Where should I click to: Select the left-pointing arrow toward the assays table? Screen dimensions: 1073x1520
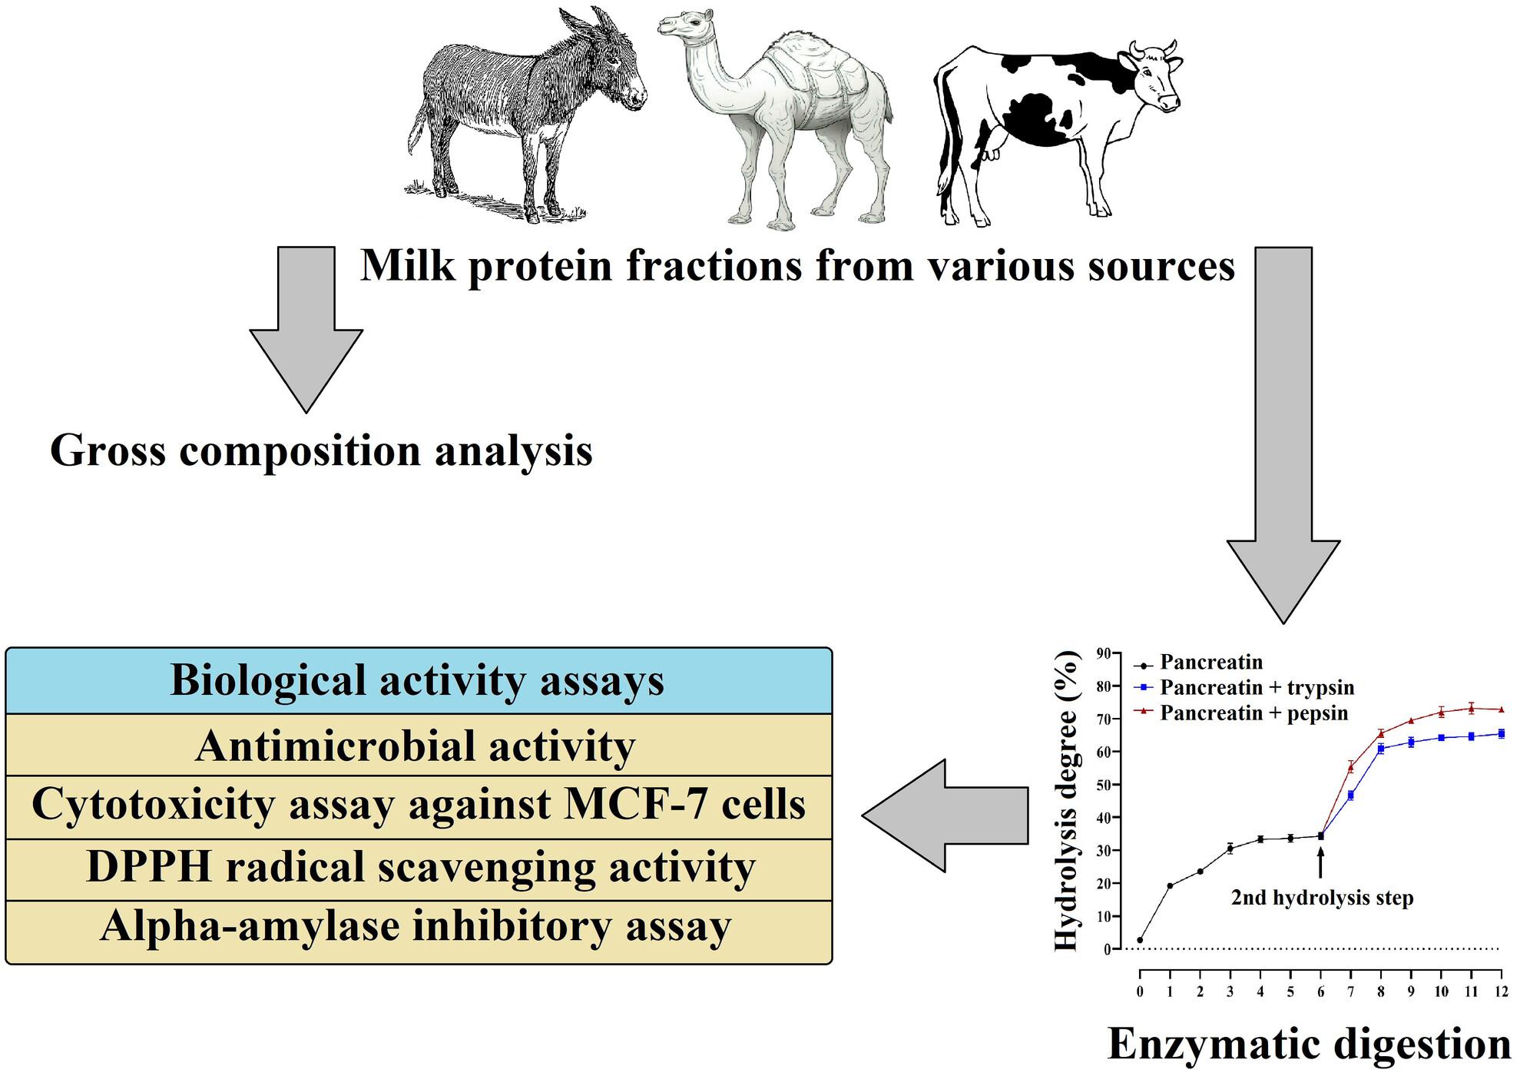point(944,816)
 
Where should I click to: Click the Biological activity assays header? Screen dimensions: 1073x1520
point(418,681)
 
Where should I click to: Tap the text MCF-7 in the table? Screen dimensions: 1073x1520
point(628,805)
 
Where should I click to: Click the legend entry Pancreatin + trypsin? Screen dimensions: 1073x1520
point(1257,687)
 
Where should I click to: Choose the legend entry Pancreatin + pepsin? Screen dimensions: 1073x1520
point(1253,713)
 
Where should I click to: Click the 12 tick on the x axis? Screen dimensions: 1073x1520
point(1501,992)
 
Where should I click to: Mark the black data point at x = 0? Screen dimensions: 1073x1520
point(1140,940)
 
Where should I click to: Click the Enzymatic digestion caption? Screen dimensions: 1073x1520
point(1309,1045)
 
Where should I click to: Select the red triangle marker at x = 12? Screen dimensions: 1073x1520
point(1501,709)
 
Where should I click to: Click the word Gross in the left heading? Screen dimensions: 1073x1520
point(107,450)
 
